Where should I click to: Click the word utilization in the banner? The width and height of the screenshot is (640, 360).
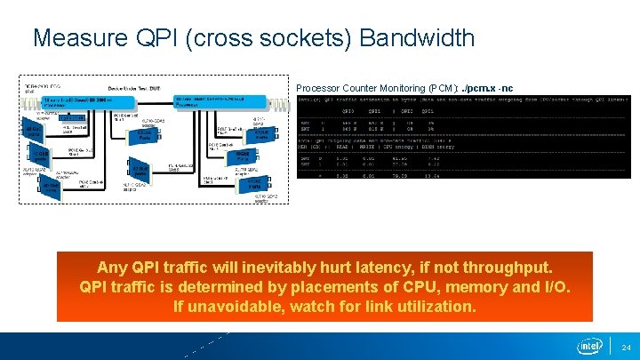tap(437, 307)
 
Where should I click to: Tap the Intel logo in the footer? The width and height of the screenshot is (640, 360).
tap(589, 345)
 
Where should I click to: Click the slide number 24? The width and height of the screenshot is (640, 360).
tap(625, 346)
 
